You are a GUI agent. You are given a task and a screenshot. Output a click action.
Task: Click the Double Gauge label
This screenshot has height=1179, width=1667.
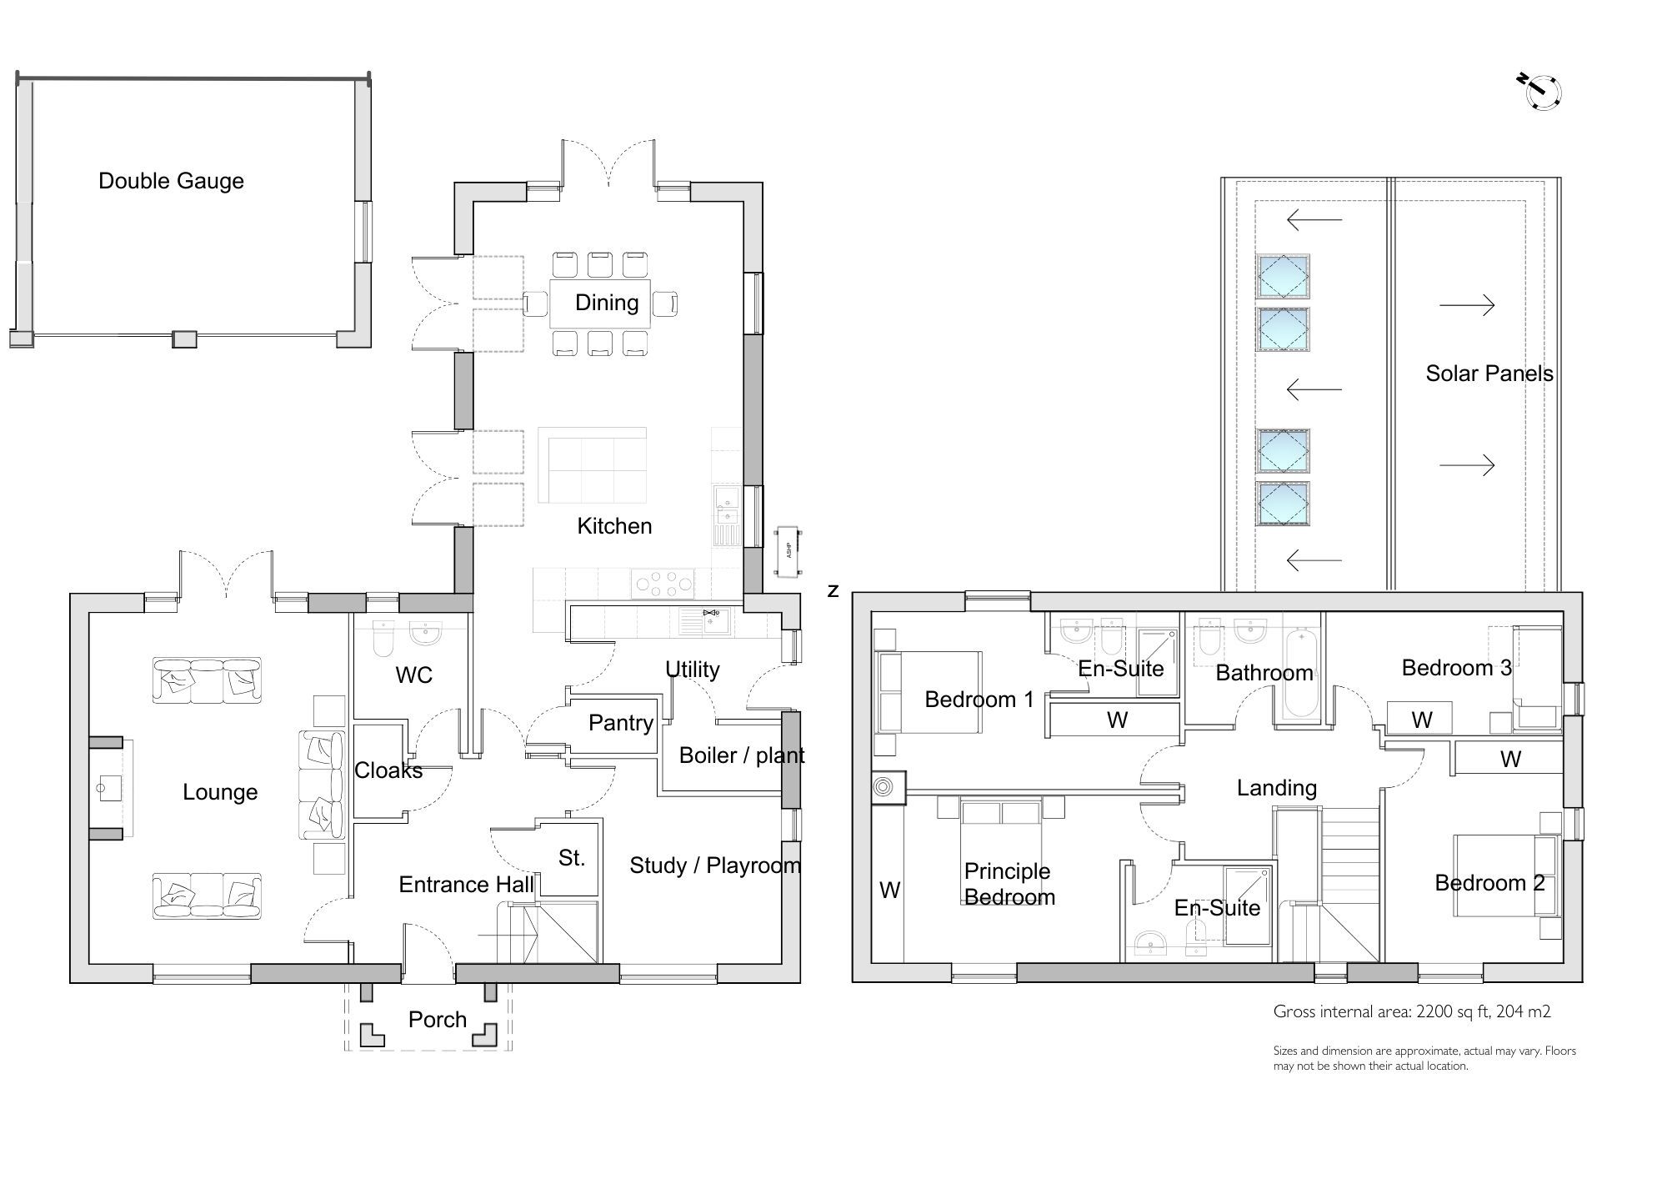[171, 181]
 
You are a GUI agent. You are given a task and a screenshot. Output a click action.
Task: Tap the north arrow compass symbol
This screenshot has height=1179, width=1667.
[1542, 93]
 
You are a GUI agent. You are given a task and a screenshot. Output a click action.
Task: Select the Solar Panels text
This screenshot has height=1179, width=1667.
[1489, 373]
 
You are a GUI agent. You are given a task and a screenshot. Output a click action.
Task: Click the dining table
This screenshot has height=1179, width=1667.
[600, 304]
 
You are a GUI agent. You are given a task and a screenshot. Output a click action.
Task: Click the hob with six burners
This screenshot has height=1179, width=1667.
[663, 583]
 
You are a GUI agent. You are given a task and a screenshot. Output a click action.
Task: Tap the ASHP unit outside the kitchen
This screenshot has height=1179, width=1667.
[788, 551]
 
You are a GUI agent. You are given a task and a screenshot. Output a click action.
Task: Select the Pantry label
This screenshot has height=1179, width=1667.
[620, 722]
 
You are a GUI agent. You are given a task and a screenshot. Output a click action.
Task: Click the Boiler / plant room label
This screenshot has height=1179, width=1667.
[741, 755]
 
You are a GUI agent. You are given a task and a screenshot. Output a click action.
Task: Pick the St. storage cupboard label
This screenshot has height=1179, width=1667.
[571, 858]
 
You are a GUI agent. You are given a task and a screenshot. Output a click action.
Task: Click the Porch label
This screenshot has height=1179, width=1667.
[437, 1019]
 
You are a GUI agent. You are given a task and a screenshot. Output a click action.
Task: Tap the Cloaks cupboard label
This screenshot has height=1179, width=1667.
[388, 770]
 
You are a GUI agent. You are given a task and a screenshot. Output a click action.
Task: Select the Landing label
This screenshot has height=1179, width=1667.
[1276, 787]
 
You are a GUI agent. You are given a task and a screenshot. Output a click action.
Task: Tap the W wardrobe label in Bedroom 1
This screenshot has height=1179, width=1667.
[1117, 720]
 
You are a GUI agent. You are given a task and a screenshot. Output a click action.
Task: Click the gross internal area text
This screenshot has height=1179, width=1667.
[1411, 1011]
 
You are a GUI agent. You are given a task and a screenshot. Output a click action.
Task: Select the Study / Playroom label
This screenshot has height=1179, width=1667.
[714, 865]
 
